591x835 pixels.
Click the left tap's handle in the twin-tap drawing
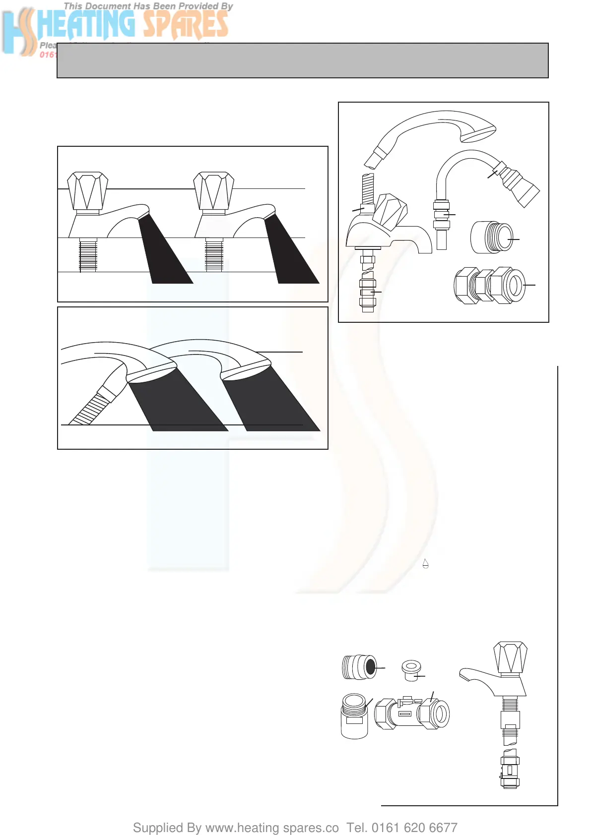click(88, 191)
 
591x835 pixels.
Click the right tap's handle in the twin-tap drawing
click(214, 191)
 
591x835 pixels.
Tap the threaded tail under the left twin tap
click(88, 255)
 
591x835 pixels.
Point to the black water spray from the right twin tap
click(290, 253)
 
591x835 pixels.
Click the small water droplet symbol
click(425, 563)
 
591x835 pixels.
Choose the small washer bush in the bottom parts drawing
click(411, 670)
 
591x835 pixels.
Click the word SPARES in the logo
click(186, 25)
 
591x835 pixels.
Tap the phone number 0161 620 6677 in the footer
click(414, 828)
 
